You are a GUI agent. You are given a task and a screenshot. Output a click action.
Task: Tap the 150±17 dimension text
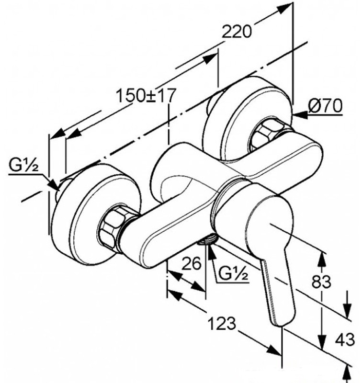[x=146, y=95]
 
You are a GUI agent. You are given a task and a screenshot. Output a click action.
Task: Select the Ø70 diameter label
[x=325, y=106]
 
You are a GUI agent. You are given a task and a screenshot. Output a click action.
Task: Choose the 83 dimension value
[x=321, y=281]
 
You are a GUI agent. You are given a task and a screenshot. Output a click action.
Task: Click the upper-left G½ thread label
[x=23, y=165]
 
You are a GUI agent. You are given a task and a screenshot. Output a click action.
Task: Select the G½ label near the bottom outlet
[x=233, y=274]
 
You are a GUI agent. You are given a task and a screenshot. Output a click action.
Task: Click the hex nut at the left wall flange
[x=111, y=226]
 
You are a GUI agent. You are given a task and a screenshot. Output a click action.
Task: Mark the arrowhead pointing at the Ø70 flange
[x=300, y=114]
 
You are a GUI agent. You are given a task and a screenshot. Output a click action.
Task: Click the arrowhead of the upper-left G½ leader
[x=55, y=185]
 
